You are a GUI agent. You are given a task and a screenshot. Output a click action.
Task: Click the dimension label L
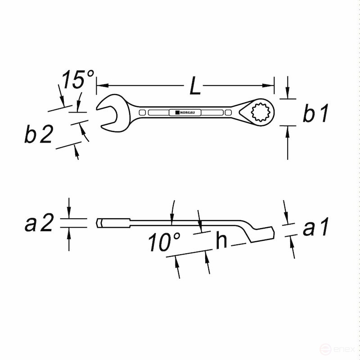[195, 86]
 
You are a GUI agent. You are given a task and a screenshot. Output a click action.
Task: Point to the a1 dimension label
[316, 228]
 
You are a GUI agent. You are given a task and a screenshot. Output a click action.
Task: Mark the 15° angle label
[77, 80]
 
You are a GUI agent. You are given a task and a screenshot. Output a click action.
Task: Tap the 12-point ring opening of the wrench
[259, 112]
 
